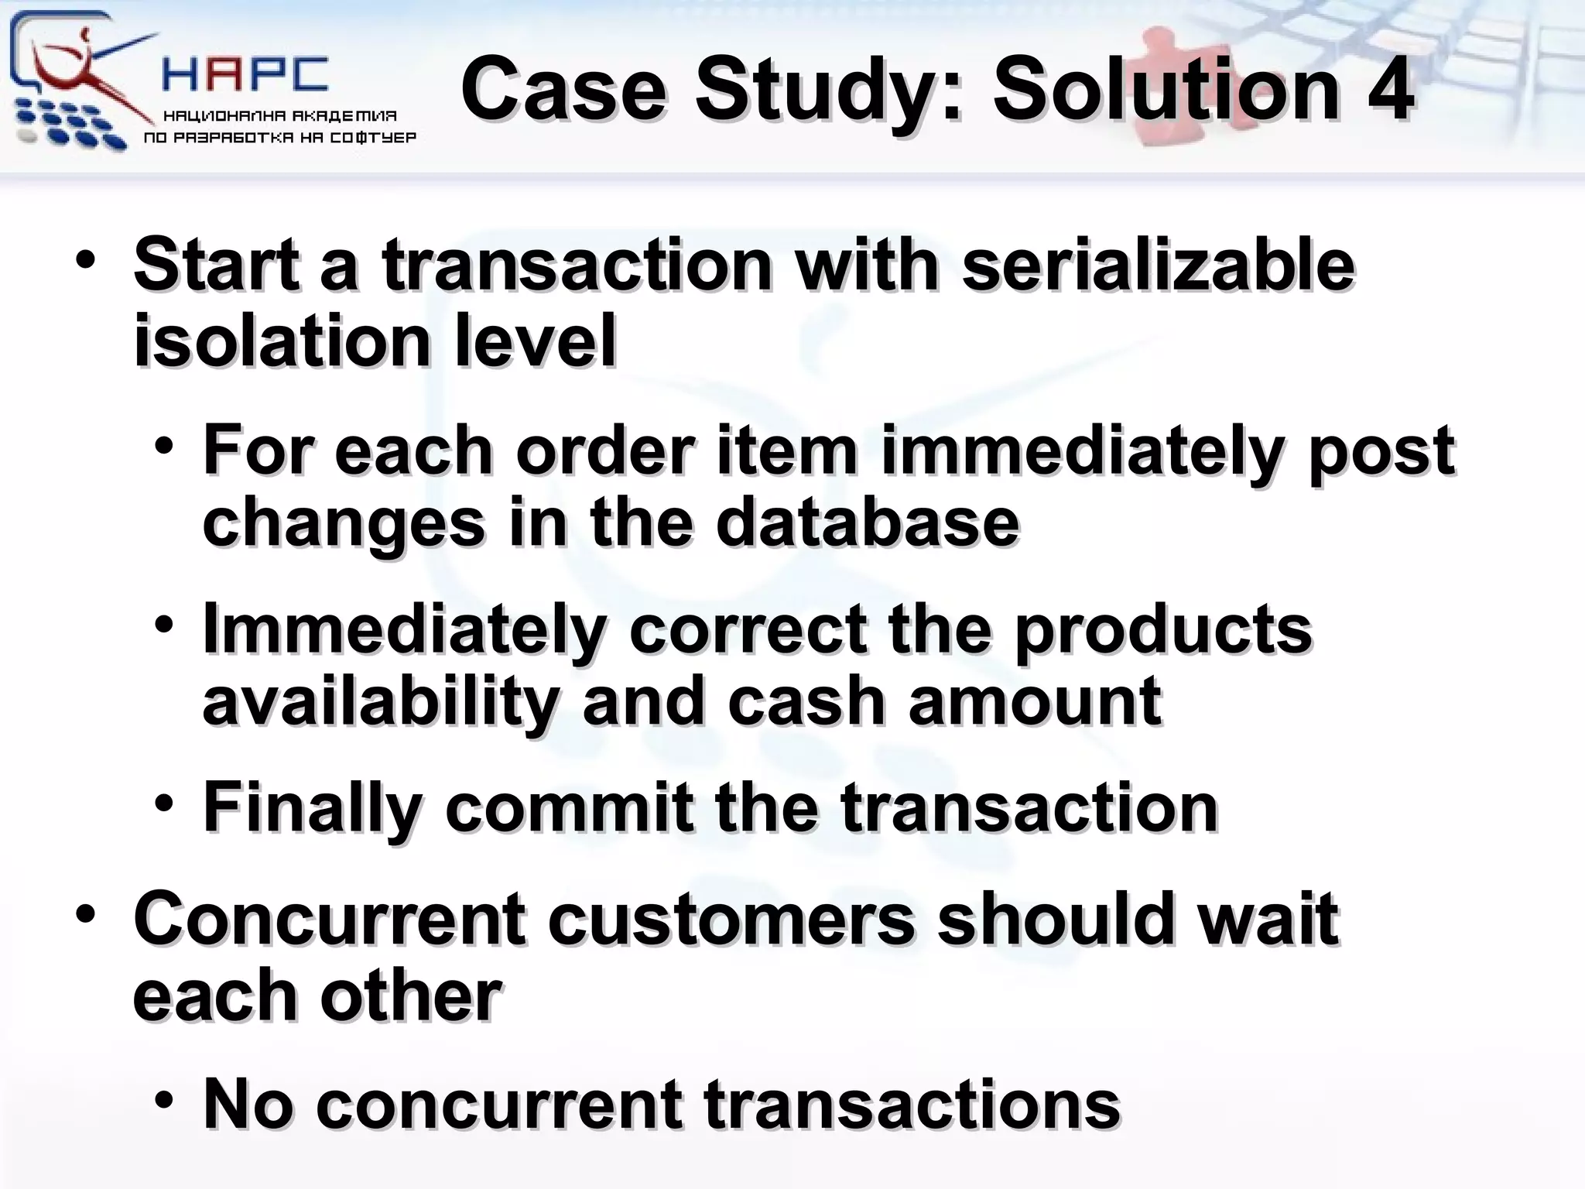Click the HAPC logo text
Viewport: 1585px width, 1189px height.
[245, 75]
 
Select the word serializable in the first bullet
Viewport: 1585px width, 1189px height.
[1158, 266]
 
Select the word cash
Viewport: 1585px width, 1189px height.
[806, 701]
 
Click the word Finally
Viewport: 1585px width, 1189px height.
[312, 808]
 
